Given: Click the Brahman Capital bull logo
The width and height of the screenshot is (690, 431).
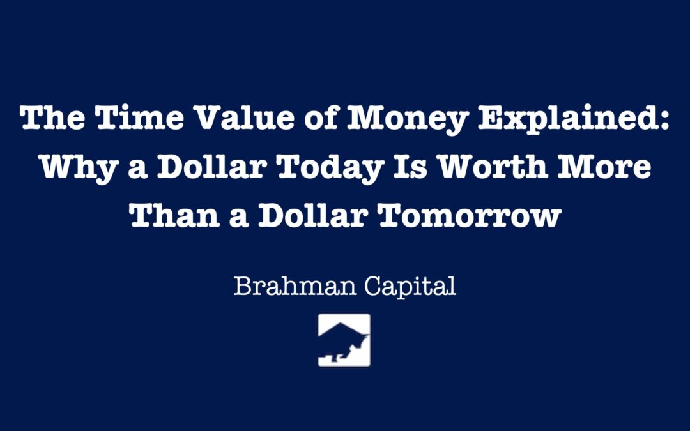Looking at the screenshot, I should click(344, 340).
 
